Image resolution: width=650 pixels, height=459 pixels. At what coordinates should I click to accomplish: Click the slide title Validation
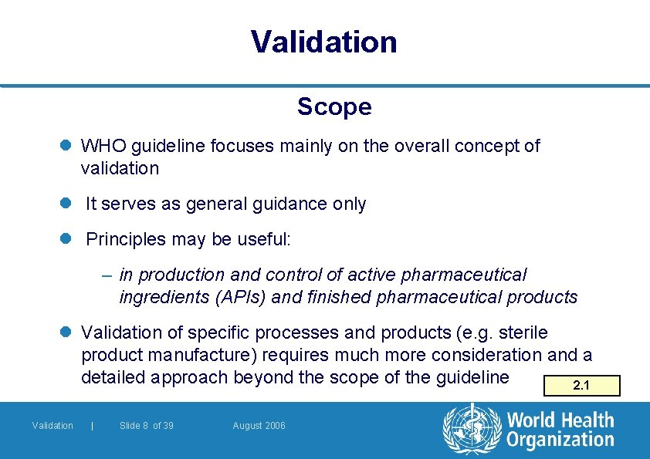(324, 42)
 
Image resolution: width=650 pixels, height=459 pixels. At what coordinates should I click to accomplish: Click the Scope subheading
(334, 106)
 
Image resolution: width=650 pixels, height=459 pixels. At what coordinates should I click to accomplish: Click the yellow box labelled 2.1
(581, 386)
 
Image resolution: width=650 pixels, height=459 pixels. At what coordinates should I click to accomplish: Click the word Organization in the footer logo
(560, 440)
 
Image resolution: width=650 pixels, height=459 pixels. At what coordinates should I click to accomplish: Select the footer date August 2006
(259, 426)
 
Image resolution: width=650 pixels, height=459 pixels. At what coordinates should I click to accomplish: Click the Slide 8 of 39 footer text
(147, 426)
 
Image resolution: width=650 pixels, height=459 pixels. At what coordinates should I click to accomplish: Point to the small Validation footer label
(52, 426)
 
